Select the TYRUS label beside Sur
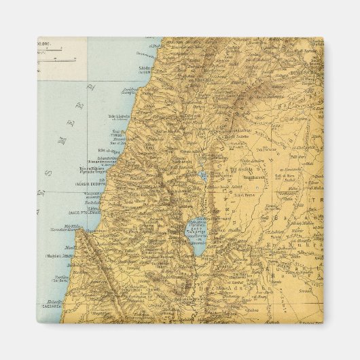pos(119,133)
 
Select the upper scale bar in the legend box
pos(57,48)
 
